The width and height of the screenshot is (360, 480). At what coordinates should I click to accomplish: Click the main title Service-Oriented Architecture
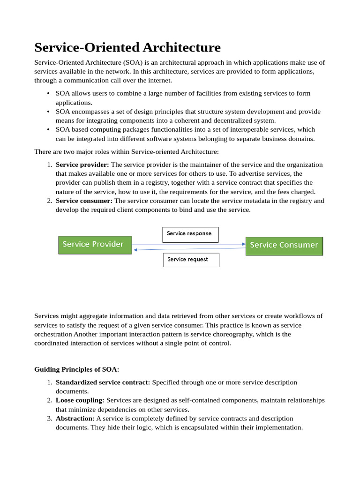coord(127,47)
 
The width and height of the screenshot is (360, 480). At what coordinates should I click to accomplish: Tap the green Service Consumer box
coord(284,245)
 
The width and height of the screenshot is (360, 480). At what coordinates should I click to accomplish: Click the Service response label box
coord(190,234)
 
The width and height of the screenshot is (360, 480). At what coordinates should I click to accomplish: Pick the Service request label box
coord(191,259)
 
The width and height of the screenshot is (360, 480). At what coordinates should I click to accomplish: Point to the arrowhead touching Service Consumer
coord(243,244)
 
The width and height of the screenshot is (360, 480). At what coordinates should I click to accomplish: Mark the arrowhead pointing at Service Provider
coord(135,250)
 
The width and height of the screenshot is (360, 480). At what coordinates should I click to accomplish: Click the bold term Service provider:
coord(82,165)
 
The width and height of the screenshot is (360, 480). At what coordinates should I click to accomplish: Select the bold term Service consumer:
coord(84,201)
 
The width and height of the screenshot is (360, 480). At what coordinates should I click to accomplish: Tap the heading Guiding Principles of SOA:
coord(77,369)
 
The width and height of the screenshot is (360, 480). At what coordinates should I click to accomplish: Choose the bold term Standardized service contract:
coord(103,382)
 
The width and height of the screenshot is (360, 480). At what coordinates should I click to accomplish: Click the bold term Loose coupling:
coord(80,400)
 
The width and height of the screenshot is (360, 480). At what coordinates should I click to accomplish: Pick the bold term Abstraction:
coord(75,418)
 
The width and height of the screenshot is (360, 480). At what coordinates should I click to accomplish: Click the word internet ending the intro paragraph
coord(152,80)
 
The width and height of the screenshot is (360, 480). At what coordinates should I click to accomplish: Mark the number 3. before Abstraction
coord(50,418)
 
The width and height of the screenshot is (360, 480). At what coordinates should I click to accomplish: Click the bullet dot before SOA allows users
coord(48,94)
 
